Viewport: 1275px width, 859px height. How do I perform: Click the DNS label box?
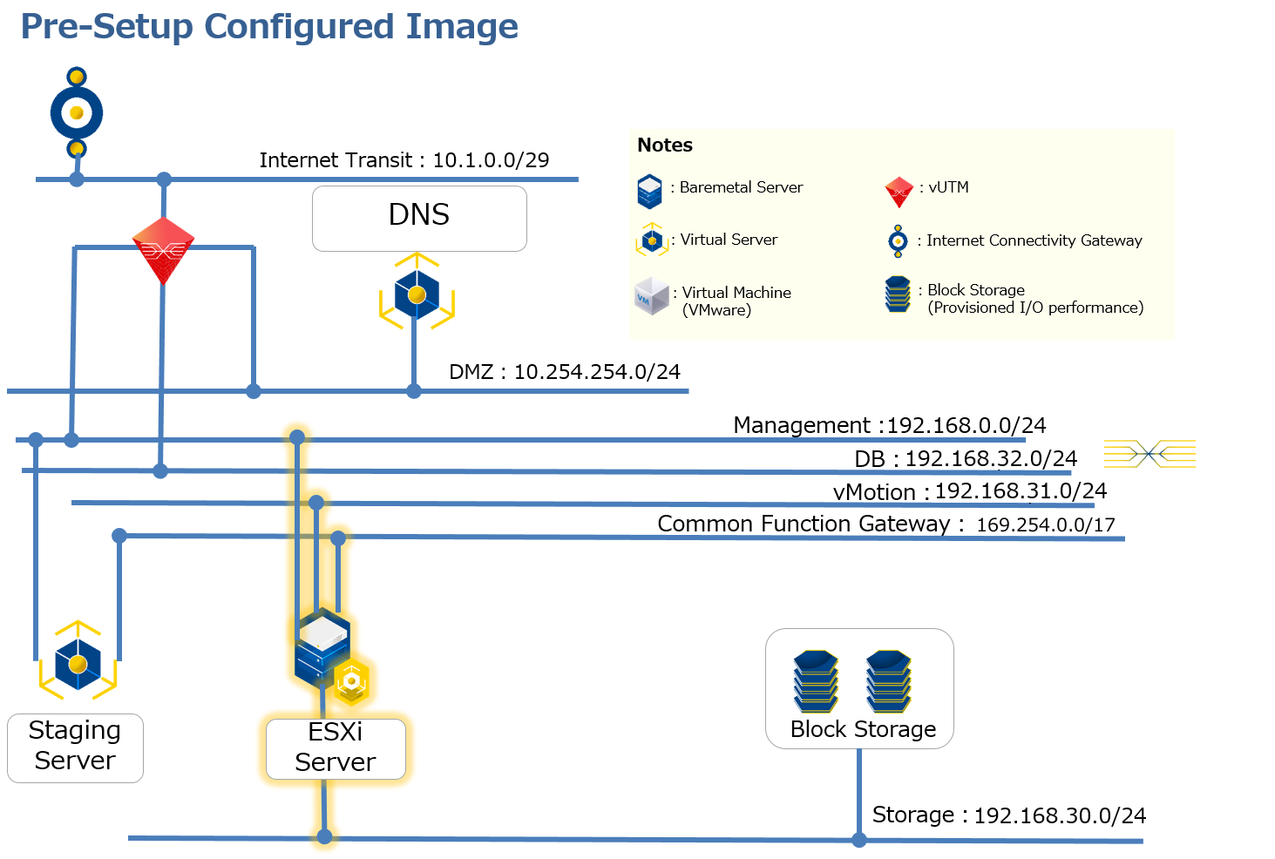pyautogui.click(x=419, y=218)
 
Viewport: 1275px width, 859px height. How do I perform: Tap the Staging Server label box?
pyautogui.click(x=75, y=747)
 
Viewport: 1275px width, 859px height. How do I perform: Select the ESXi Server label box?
pyautogui.click(x=336, y=748)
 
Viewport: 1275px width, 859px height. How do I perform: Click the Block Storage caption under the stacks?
pyautogui.click(x=863, y=729)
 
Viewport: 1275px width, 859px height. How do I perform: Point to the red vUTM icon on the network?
pyautogui.click(x=163, y=249)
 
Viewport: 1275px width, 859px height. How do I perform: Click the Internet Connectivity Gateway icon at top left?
pyautogui.click(x=77, y=112)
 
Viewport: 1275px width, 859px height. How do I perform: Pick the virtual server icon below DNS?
pyautogui.click(x=417, y=293)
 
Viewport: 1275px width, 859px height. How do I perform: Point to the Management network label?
pyautogui.click(x=889, y=425)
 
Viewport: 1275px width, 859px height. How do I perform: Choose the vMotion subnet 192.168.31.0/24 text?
pyautogui.click(x=1021, y=491)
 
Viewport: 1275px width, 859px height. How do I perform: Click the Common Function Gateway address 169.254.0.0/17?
pyautogui.click(x=1045, y=524)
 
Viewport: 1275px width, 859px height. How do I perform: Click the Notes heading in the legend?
pyautogui.click(x=665, y=145)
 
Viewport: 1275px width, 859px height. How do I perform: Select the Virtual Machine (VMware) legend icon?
pyautogui.click(x=652, y=296)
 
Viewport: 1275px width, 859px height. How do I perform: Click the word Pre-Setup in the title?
pyautogui.click(x=106, y=26)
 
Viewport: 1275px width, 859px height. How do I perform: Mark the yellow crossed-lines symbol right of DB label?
pyautogui.click(x=1150, y=454)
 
